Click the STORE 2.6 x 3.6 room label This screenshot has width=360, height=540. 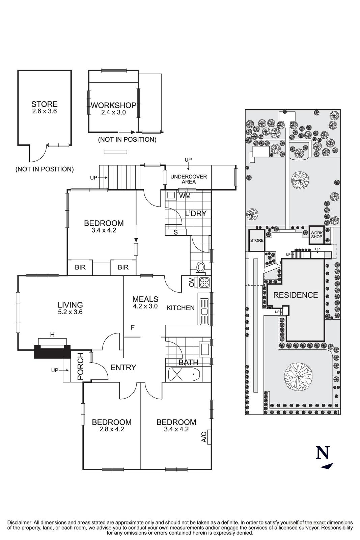(x=44, y=107)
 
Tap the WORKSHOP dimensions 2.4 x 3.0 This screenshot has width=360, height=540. (x=113, y=112)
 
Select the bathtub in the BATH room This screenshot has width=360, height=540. (x=184, y=374)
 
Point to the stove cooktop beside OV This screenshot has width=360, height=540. (x=204, y=282)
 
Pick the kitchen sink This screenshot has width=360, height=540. (x=204, y=312)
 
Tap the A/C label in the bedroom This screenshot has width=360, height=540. (x=203, y=437)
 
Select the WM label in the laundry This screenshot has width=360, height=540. (x=185, y=196)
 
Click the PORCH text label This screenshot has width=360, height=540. (x=80, y=367)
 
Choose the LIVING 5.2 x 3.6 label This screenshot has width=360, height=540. (x=70, y=308)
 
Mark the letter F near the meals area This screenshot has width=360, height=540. (x=133, y=327)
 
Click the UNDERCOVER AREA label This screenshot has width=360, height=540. (x=188, y=179)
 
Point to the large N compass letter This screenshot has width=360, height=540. (x=323, y=453)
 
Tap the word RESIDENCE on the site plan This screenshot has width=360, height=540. (x=295, y=295)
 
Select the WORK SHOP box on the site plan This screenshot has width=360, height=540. (x=316, y=235)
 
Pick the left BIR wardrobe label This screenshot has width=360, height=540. (x=80, y=267)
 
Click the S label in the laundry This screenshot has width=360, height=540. (x=175, y=232)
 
